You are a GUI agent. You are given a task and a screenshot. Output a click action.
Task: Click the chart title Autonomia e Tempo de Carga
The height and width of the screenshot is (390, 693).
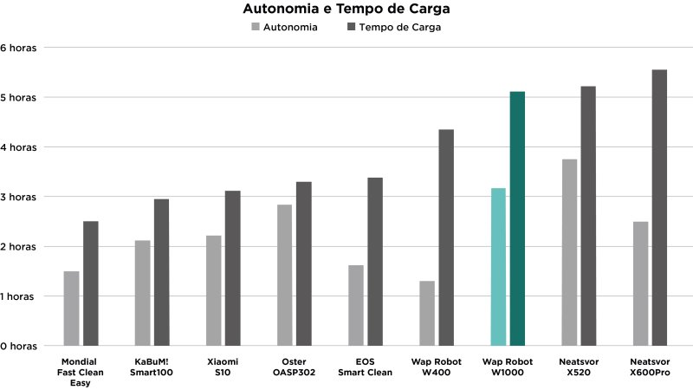click(346, 10)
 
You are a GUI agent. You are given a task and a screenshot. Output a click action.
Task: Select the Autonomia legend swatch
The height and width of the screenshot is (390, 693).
click(256, 27)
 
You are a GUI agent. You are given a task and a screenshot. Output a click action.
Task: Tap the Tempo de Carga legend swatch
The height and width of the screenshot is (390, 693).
click(351, 27)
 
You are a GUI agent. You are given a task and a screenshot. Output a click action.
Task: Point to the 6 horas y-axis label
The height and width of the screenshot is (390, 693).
click(18, 48)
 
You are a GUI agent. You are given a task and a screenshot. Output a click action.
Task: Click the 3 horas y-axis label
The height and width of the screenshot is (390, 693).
click(18, 197)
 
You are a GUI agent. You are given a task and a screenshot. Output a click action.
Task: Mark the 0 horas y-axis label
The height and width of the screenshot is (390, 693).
click(18, 346)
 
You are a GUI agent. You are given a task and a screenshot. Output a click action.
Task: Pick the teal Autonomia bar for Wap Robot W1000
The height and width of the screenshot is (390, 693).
click(497, 267)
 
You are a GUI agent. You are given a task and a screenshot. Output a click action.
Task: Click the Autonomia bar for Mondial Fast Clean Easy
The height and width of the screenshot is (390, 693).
click(71, 309)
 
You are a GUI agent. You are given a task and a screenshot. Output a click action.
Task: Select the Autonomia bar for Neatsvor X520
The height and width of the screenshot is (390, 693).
click(569, 252)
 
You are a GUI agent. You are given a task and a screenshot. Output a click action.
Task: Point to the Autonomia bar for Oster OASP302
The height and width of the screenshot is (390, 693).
click(284, 276)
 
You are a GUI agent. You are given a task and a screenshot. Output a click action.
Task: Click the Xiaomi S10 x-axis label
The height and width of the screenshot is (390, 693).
click(223, 367)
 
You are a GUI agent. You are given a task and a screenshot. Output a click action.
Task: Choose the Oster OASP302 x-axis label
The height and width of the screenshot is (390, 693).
click(294, 367)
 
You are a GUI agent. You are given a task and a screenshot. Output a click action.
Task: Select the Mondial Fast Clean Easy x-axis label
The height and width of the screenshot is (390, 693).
click(80, 372)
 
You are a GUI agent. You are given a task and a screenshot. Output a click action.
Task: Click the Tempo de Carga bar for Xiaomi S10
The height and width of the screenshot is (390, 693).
click(232, 269)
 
